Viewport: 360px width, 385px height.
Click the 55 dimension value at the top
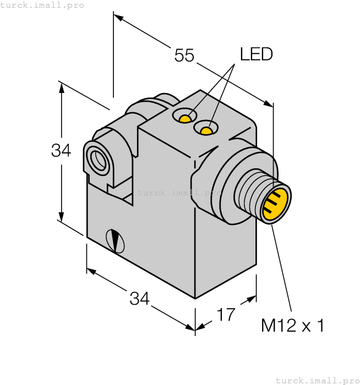[x=184, y=56]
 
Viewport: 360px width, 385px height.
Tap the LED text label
[x=256, y=54]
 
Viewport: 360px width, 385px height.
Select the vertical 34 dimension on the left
[x=61, y=150]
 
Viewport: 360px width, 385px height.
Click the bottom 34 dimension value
[x=139, y=299]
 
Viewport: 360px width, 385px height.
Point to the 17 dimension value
[x=226, y=315]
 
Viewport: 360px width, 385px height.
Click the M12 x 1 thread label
[x=292, y=326]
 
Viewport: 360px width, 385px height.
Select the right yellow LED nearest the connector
[x=206, y=130]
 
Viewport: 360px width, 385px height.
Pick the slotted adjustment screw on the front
[x=116, y=240]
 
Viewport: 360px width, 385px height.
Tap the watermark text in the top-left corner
[x=42, y=5]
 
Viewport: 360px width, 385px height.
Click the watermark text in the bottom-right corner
[x=317, y=380]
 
